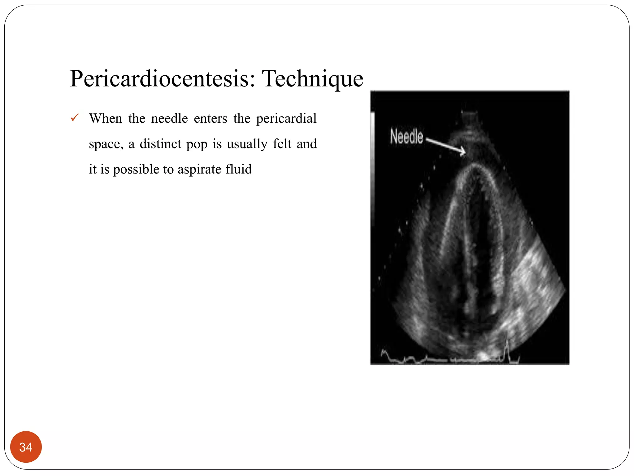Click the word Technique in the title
(312, 79)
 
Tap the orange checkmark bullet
(75, 118)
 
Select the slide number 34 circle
(26, 447)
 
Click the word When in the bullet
(106, 118)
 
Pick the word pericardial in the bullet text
(286, 118)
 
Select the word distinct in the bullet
(160, 144)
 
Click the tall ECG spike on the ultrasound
(507, 349)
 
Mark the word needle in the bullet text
(169, 118)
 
